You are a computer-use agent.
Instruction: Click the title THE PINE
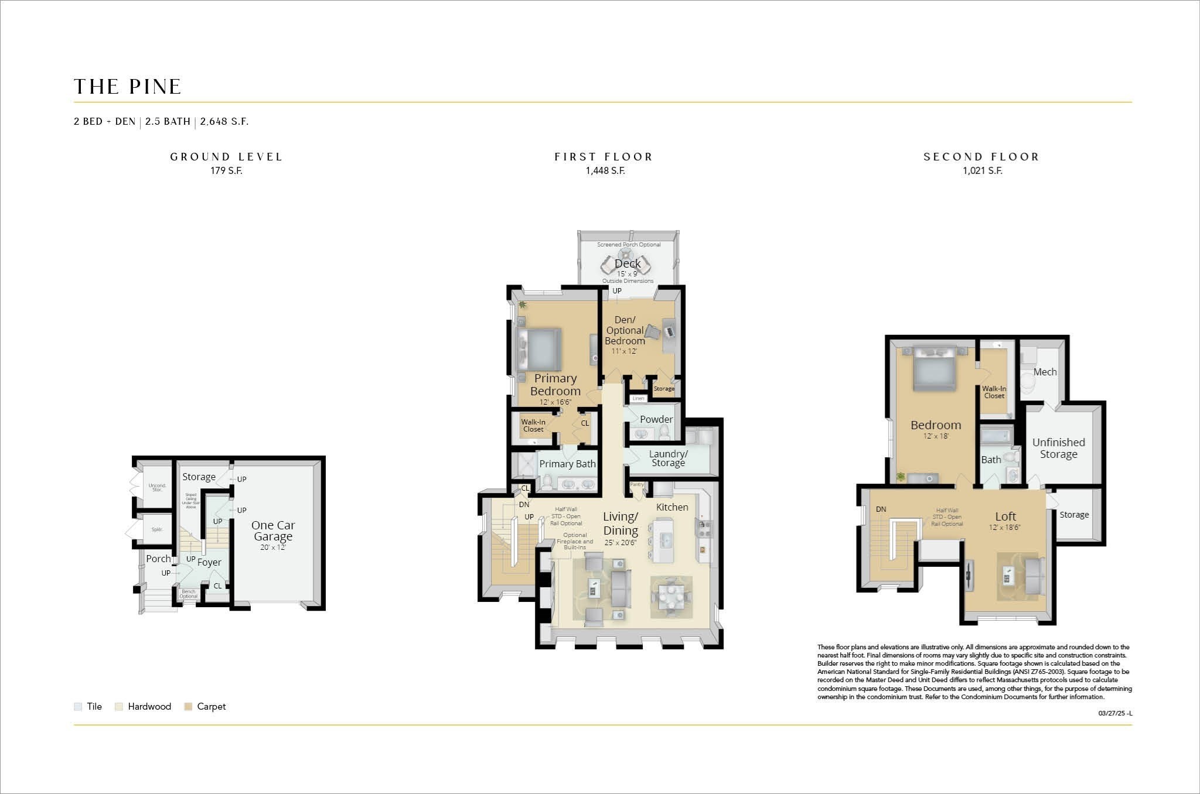coord(128,87)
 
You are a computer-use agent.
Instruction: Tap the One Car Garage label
coord(273,531)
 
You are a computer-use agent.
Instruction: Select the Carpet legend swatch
coord(188,707)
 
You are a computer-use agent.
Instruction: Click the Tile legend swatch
coord(78,707)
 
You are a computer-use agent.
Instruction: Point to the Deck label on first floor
coord(628,263)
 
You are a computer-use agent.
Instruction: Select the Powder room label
coord(656,419)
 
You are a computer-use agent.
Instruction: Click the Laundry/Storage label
coord(668,458)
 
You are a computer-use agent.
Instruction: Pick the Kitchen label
coord(672,507)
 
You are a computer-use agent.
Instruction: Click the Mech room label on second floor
coord(1045,372)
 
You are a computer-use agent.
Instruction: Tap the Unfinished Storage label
coord(1058,448)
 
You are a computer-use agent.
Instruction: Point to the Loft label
coord(1005,516)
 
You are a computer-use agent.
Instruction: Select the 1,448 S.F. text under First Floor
coord(605,171)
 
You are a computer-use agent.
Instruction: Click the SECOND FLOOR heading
coord(981,157)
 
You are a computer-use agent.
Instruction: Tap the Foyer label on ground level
coord(209,562)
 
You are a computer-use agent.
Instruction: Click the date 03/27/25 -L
coord(1115,713)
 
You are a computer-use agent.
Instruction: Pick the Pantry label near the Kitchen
coord(636,485)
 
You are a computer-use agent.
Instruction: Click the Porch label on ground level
coord(158,559)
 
